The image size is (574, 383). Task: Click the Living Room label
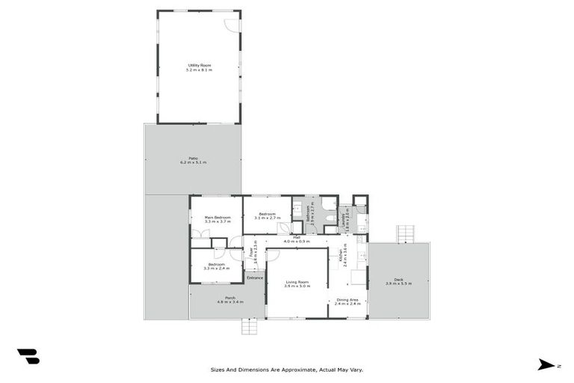[297, 283]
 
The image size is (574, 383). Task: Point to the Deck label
[398, 281]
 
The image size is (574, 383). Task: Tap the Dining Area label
[347, 300]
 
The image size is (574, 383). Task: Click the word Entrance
[256, 278]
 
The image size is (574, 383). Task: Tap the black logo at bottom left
[28, 357]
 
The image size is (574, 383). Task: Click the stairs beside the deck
[405, 233]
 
